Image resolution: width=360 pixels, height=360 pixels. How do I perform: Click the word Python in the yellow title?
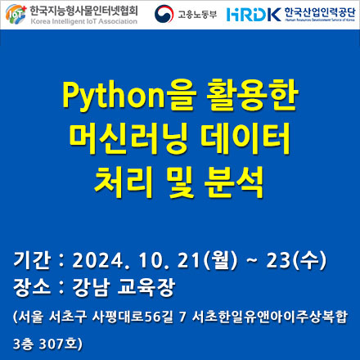coord(114,94)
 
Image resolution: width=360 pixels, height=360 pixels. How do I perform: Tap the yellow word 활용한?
coord(252,94)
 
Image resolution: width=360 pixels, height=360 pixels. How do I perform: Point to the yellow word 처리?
coord(123,182)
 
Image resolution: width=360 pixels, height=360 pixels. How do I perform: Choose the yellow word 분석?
coord(234,182)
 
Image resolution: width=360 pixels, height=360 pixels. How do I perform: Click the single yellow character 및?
coord(182,182)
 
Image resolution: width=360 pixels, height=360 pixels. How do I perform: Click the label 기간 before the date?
coord(32,260)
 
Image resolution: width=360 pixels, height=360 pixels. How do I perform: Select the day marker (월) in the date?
coord(222,260)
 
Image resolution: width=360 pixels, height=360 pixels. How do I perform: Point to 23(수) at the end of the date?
coord(296,260)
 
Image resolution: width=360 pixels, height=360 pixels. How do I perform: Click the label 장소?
coord(32,287)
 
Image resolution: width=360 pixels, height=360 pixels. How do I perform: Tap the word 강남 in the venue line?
coord(91,287)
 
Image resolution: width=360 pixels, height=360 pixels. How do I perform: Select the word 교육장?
coord(146,287)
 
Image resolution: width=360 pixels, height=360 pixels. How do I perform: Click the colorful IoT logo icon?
coord(16,14)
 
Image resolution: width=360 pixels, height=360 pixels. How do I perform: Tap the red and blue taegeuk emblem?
coord(164,14)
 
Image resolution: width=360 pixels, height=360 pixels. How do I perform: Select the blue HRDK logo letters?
coord(254,15)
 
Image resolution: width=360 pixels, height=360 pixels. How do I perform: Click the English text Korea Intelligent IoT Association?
coord(84,21)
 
